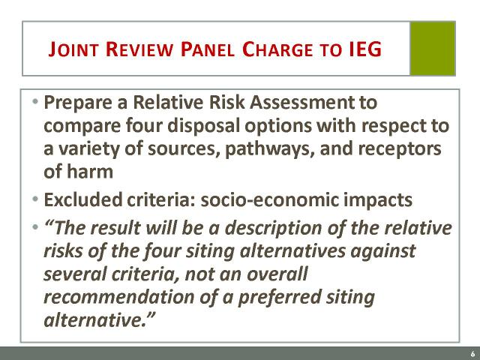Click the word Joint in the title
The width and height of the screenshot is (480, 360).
73,49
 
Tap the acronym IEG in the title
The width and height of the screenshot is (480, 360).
365,49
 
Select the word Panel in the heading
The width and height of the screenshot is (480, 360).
208,49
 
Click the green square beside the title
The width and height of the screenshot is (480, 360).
433,48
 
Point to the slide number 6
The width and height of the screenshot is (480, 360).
473,354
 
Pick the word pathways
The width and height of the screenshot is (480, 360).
270,149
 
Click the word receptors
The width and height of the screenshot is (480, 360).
400,149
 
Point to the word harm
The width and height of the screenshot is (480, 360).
90,172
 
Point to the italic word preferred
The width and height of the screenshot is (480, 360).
280,297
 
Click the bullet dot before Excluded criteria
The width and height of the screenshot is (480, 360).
35,199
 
